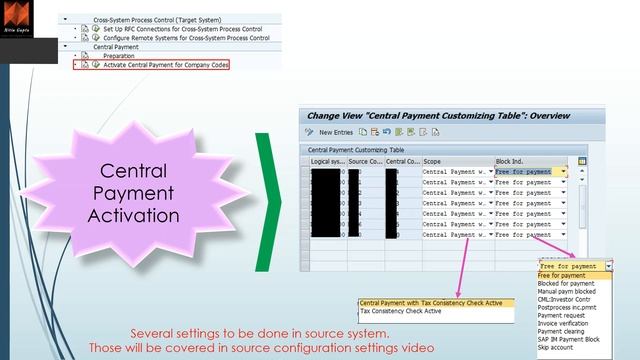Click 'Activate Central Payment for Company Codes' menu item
click(165, 64)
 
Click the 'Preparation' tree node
click(126, 56)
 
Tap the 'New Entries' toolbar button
click(335, 132)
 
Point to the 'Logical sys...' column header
click(327, 160)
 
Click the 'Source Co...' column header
click(365, 160)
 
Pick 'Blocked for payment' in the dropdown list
click(565, 284)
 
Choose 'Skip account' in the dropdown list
click(559, 347)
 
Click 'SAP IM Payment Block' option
click(570, 338)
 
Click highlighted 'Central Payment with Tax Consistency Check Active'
click(431, 302)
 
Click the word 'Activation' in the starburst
click(133, 214)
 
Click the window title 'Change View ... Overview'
click(438, 116)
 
